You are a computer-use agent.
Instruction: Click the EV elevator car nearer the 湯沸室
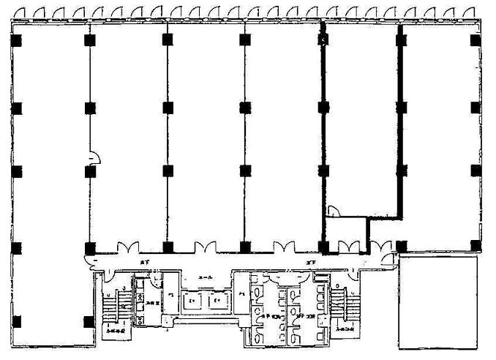coord(192,301)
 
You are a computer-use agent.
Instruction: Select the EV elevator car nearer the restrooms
coord(217,301)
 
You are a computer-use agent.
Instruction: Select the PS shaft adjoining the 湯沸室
coord(171,294)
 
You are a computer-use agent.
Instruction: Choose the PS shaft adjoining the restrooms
coord(242,294)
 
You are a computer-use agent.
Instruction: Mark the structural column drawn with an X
coord(322,40)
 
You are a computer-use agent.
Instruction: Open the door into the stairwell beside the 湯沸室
coord(108,273)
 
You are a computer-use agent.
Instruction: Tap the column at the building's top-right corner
coord(476,40)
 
